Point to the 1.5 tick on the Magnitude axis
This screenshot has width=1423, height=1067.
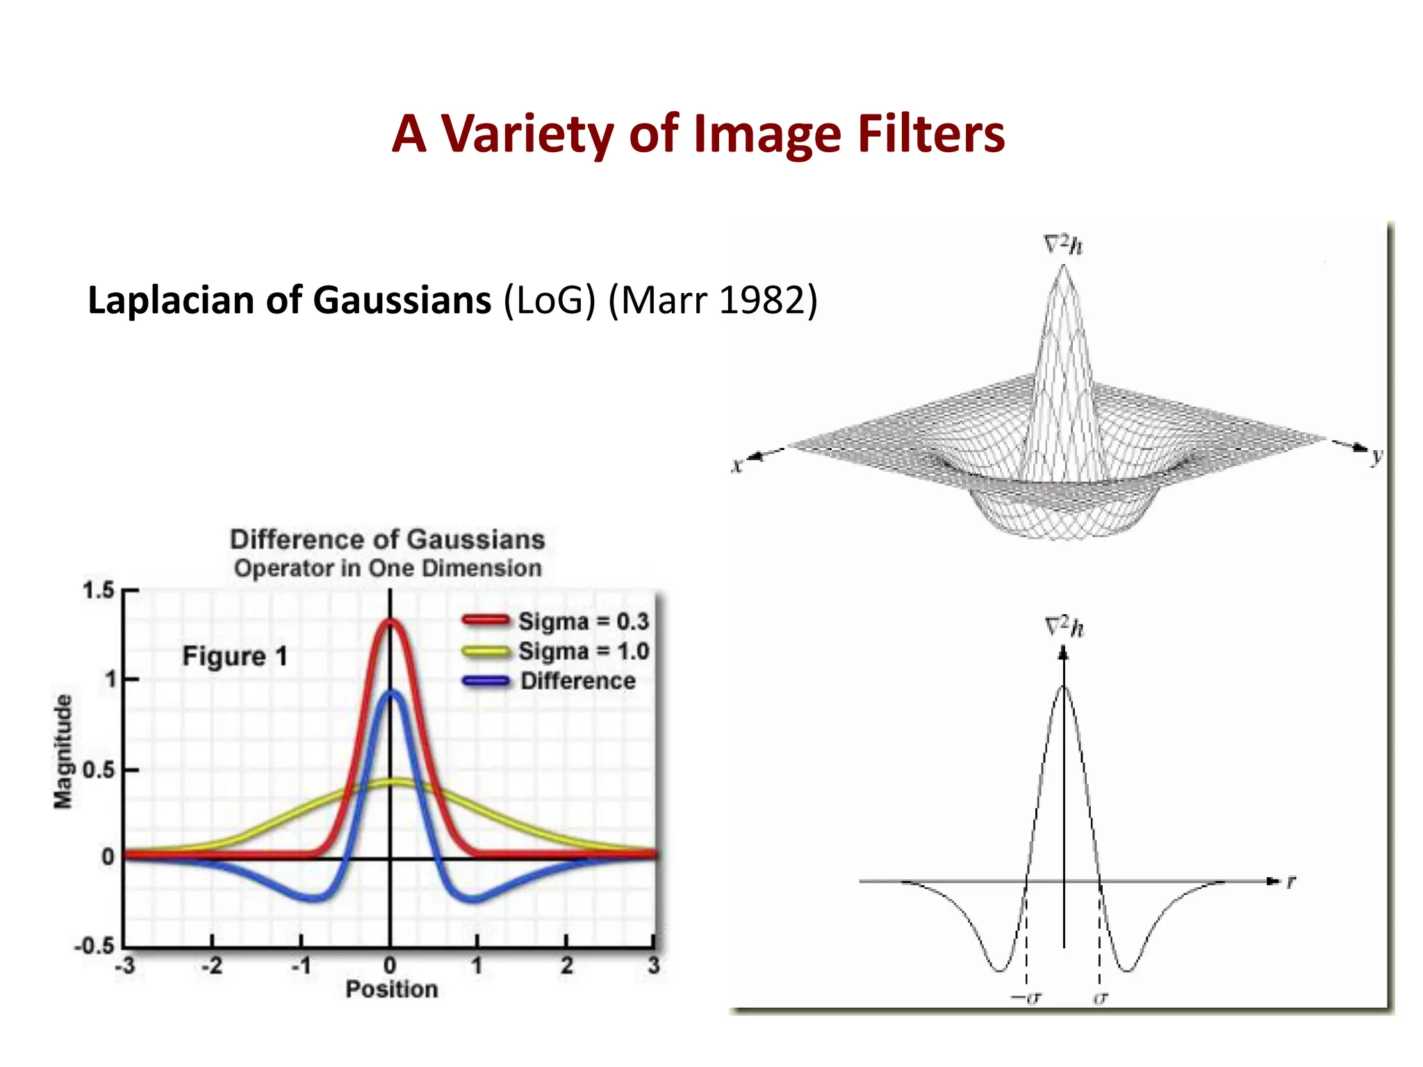point(98,591)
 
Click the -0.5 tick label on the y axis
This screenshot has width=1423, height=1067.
point(94,946)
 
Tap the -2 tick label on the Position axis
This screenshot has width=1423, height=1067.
point(212,966)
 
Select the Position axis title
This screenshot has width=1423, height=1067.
point(392,989)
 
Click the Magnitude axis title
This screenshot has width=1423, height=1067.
point(63,752)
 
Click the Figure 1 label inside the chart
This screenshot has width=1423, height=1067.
point(235,656)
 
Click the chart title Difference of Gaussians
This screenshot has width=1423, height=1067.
point(387,540)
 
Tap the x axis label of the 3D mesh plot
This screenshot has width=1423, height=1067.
point(737,465)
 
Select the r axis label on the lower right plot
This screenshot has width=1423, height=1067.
point(1291,882)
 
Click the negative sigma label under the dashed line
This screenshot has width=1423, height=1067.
point(1026,998)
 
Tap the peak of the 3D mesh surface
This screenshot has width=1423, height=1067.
point(1062,268)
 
